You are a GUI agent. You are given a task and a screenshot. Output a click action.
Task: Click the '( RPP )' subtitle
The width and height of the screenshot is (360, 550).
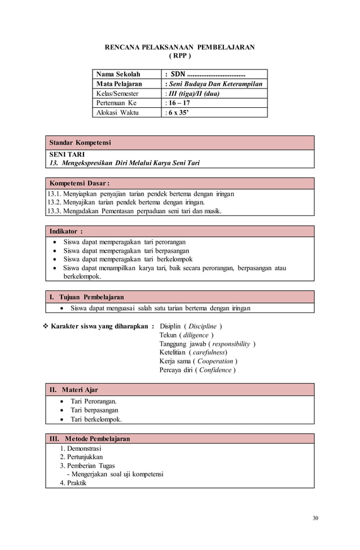click(x=180, y=56)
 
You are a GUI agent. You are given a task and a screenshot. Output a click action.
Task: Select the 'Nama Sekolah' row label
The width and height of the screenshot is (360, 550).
click(x=118, y=74)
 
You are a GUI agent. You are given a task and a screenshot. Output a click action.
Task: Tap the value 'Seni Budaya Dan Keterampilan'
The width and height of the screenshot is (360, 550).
click(x=214, y=84)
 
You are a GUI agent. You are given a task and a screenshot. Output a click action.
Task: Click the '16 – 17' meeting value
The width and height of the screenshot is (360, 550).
click(x=179, y=103)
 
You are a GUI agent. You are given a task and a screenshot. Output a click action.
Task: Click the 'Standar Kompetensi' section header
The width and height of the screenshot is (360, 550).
click(x=80, y=143)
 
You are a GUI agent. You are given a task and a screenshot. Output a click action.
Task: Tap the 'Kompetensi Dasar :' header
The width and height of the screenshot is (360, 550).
click(x=80, y=184)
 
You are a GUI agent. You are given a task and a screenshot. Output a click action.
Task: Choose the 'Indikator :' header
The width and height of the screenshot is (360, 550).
click(x=66, y=231)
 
